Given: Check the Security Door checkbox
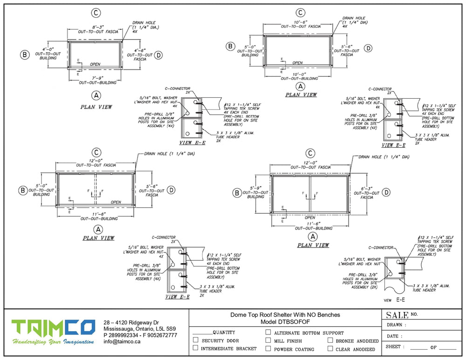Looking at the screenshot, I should (196, 340).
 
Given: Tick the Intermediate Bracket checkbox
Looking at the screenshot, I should (196, 348).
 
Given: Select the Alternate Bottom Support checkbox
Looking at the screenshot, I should (268, 333).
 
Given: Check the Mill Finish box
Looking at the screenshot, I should (268, 340).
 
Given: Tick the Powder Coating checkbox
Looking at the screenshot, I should (268, 348).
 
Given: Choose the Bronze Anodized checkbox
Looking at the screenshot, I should (330, 340).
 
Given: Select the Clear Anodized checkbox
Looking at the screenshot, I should (330, 348).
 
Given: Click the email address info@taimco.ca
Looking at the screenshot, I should (122, 341).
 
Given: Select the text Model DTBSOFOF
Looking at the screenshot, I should (285, 322).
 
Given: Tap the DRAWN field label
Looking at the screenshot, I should (397, 325).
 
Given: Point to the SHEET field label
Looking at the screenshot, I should (396, 347).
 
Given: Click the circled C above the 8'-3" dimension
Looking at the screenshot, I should (95, 14).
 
